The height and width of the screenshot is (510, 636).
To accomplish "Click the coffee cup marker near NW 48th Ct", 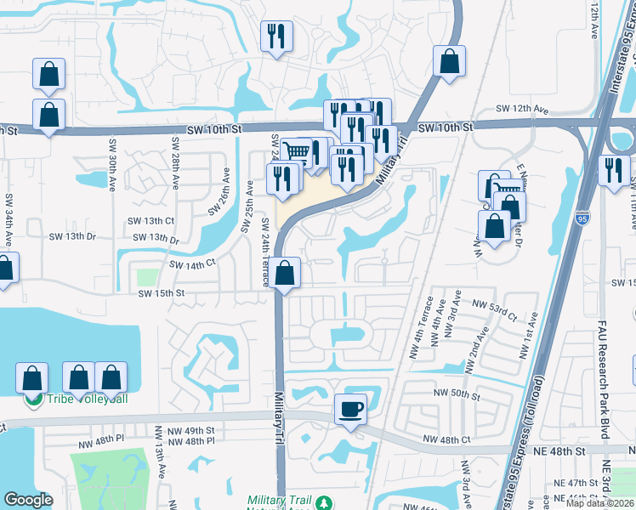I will (x=350, y=409).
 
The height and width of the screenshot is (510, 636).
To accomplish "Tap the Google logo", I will (x=28, y=500).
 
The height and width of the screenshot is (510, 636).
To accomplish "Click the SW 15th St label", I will (x=162, y=293).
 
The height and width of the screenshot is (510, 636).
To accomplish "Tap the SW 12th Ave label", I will (x=520, y=110).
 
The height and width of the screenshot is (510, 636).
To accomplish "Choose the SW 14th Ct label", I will (x=193, y=264).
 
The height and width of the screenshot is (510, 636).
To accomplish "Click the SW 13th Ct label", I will (x=164, y=220).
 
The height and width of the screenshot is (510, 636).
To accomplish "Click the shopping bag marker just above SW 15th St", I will (x=287, y=274).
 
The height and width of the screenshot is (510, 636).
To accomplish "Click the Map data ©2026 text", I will (x=601, y=503).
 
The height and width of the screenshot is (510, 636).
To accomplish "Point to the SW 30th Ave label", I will (x=111, y=174).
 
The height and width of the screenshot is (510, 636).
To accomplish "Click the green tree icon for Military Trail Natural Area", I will (x=324, y=503).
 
